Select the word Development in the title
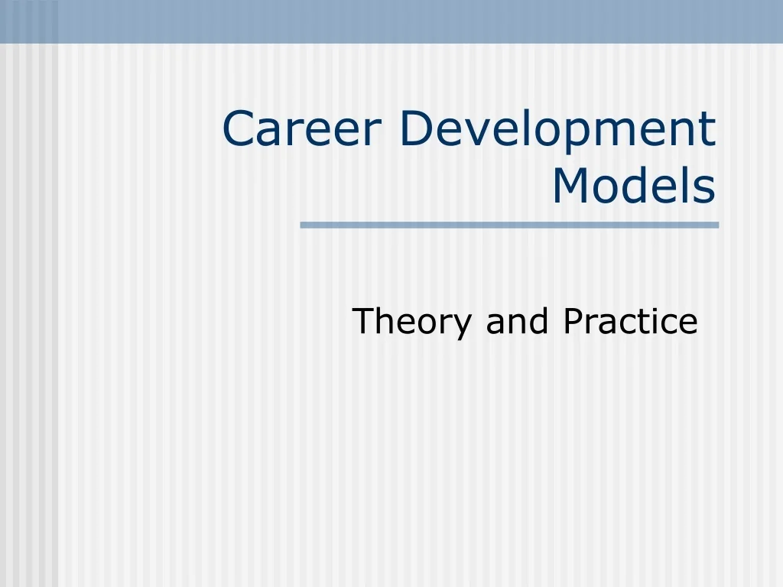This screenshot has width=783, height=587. [x=557, y=130]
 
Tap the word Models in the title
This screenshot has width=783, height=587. [x=633, y=186]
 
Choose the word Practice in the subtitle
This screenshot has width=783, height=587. [x=630, y=322]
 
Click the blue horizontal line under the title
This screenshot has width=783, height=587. [x=509, y=225]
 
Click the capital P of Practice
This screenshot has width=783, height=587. [x=572, y=322]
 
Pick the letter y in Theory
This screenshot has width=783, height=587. [x=463, y=326]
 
